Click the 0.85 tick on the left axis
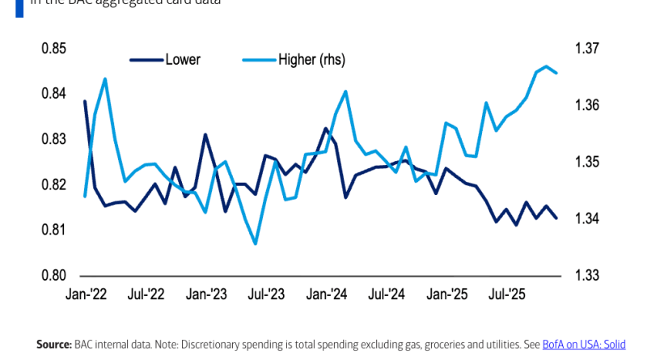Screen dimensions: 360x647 pos(53,49)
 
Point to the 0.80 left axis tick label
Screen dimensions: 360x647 pos(53,275)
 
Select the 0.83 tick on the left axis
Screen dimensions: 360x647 pos(53,139)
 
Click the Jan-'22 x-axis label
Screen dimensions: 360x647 pos(86,295)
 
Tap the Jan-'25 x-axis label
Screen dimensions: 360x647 pos(448,295)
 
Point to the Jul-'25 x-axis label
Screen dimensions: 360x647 pos(508,295)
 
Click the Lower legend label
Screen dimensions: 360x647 pos(183,59)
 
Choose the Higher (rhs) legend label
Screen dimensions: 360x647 pos(312,59)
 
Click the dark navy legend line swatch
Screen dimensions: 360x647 pos(145,59)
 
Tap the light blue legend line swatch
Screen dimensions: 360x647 pos(258,59)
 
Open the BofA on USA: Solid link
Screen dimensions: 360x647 pos(583,345)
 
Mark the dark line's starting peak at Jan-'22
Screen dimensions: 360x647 pos(85,101)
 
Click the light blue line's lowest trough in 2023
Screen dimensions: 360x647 pos(256,244)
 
